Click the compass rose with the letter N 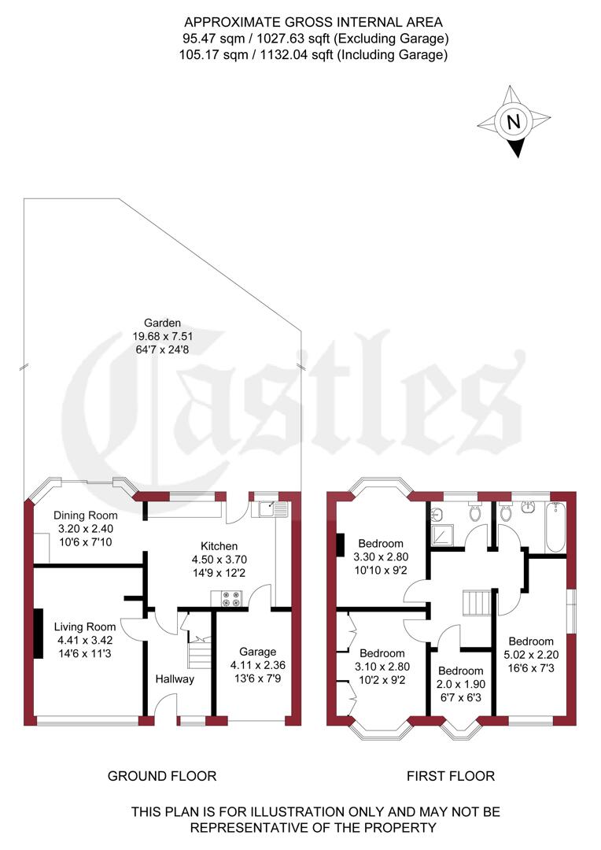click(x=514, y=122)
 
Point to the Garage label click(x=258, y=652)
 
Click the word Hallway click(x=175, y=679)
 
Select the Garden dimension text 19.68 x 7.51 click(x=163, y=336)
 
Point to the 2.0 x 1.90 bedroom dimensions click(x=460, y=684)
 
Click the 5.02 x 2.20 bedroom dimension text click(x=530, y=654)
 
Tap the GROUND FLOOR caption click(x=162, y=777)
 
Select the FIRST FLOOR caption click(x=451, y=777)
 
